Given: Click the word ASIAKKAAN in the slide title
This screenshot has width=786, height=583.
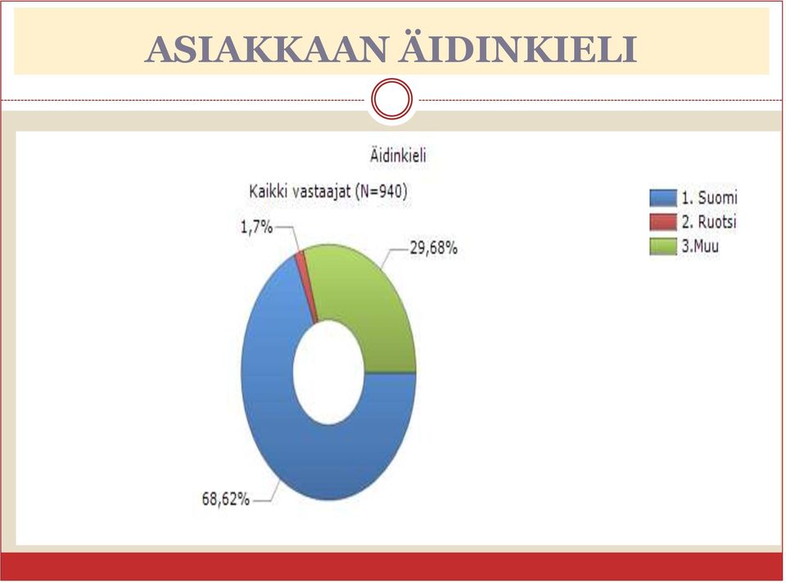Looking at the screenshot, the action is pyautogui.click(x=266, y=50).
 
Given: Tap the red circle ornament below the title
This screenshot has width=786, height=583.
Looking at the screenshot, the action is pyautogui.click(x=392, y=99).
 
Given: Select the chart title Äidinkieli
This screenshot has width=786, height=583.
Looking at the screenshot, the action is pyautogui.click(x=398, y=156).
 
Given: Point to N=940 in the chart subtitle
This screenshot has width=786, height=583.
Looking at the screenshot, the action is pyautogui.click(x=381, y=191).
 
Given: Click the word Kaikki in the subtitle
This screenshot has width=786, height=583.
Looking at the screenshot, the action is pyautogui.click(x=266, y=191).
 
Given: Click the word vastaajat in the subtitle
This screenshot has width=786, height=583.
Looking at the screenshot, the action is pyautogui.click(x=318, y=192).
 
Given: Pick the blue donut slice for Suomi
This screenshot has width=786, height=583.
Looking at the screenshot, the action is pyautogui.click(x=300, y=451).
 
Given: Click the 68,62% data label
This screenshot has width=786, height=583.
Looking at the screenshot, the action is pyautogui.click(x=226, y=499).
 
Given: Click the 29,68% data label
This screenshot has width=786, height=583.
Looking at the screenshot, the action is pyautogui.click(x=434, y=247).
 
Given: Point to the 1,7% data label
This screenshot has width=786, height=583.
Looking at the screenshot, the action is pyautogui.click(x=256, y=228).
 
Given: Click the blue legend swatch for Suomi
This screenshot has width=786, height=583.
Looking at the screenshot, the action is pyautogui.click(x=662, y=197).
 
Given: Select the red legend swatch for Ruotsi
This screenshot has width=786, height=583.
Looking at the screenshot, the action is pyautogui.click(x=662, y=222).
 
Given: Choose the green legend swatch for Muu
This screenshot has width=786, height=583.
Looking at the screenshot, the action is pyautogui.click(x=662, y=246).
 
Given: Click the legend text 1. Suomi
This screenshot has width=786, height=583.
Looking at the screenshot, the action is pyautogui.click(x=709, y=197).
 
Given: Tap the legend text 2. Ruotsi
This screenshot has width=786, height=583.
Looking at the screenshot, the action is pyautogui.click(x=709, y=222).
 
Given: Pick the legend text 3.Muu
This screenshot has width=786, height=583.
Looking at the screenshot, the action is pyautogui.click(x=700, y=246).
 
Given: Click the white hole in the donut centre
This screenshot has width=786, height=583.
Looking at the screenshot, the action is pyautogui.click(x=329, y=373).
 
